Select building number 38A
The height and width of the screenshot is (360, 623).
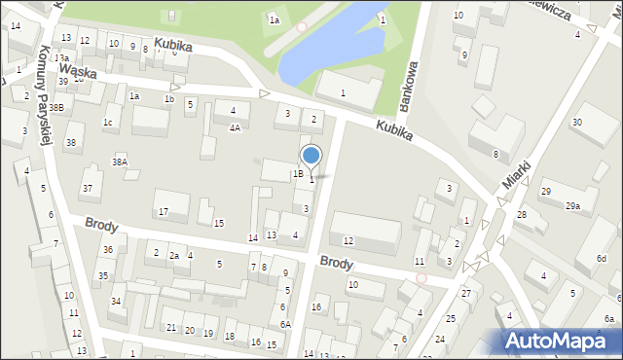[x=119, y=162]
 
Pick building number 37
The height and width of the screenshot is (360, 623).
[x=87, y=188]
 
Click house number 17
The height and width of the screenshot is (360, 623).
[x=164, y=211]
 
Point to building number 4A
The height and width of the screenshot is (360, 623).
[x=235, y=127]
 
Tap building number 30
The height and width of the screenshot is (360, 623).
[x=576, y=122]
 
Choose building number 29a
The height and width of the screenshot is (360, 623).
[x=572, y=205]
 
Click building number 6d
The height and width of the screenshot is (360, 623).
[x=602, y=258]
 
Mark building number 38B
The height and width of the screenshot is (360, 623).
[x=57, y=108]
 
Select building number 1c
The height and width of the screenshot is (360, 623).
[x=109, y=122]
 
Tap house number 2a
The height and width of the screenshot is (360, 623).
[x=174, y=255]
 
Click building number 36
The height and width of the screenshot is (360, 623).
[x=108, y=250]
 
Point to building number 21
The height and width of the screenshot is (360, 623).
[x=171, y=327]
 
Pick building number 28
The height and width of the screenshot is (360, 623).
[x=521, y=214]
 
